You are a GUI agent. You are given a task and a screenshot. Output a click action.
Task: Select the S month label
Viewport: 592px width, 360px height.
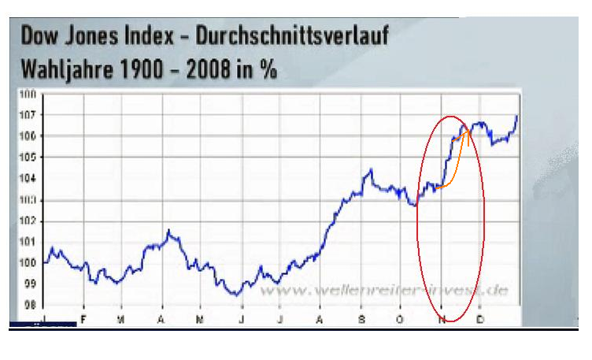pos(362,319)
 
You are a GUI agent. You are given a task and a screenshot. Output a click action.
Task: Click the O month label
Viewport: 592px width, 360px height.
pos(401,319)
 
